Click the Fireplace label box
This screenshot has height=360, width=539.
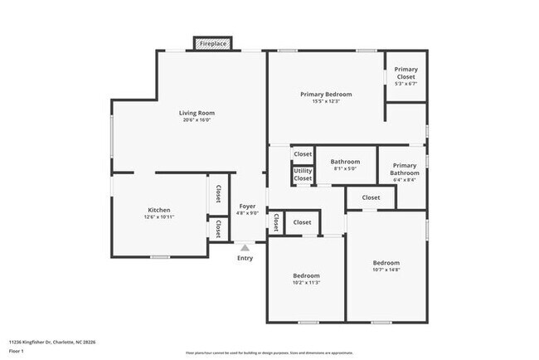(214, 43)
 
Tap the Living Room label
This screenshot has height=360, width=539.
(197, 113)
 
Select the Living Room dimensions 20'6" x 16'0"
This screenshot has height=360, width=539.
(197, 120)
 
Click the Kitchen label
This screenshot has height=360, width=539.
(159, 210)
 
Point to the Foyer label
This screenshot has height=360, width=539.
(248, 206)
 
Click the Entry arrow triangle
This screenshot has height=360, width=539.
(245, 246)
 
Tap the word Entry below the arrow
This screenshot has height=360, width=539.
(245, 258)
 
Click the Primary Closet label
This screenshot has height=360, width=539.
(405, 69)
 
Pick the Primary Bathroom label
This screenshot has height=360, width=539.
(405, 165)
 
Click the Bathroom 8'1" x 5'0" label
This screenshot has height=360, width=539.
(345, 162)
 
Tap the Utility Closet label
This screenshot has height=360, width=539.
(303, 174)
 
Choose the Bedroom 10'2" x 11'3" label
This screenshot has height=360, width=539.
(306, 275)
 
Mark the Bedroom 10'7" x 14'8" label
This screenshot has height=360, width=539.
(386, 263)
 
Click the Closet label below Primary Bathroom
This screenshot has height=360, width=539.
(371, 197)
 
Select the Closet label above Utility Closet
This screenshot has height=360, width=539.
(303, 154)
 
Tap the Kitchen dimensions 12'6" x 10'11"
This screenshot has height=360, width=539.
(159, 217)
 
